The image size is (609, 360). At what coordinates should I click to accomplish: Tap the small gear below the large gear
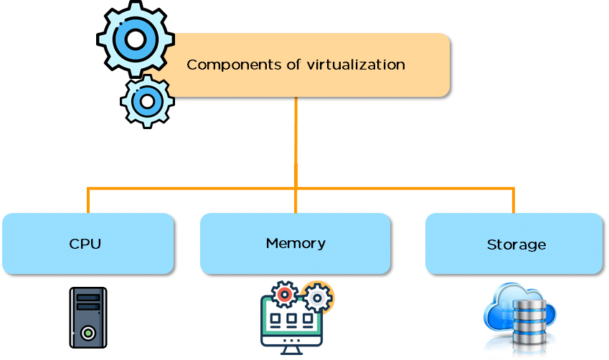pos(147,101)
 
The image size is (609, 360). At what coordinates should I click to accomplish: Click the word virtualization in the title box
pos(357,65)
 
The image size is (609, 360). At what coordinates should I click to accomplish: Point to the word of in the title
pos(294,65)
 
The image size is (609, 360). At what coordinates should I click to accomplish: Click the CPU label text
pos(85,244)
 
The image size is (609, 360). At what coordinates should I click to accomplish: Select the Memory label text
pos(296,243)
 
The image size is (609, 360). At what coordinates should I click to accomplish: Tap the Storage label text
pos(516,245)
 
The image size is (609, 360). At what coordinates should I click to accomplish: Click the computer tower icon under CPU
pos(88,317)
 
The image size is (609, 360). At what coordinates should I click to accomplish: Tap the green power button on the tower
pos(88,333)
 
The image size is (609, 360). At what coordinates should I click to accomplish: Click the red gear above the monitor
pos(285,294)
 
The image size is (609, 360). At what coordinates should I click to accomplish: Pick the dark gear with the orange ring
pos(316,297)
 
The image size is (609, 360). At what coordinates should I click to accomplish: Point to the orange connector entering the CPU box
pos(88,202)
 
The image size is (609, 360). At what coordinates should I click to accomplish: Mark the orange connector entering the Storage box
pos(514,202)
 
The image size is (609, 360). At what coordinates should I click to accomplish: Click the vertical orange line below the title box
pos(296,140)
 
